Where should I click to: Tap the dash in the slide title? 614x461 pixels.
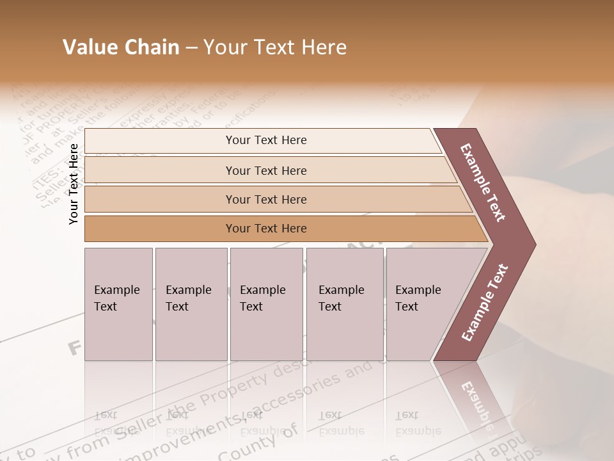(191, 48)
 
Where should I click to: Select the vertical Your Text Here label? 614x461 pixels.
(74, 184)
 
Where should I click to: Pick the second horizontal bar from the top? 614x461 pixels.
(266, 170)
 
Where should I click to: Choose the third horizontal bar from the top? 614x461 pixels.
(266, 199)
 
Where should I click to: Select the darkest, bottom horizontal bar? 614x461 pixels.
(266, 229)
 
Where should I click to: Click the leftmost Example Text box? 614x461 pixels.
(118, 304)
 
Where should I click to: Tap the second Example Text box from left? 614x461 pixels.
(191, 304)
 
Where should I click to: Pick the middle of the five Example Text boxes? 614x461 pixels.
(266, 304)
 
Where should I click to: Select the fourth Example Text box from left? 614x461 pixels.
(345, 304)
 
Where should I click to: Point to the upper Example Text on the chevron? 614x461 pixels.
(483, 182)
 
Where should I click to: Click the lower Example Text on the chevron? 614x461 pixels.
(485, 303)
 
